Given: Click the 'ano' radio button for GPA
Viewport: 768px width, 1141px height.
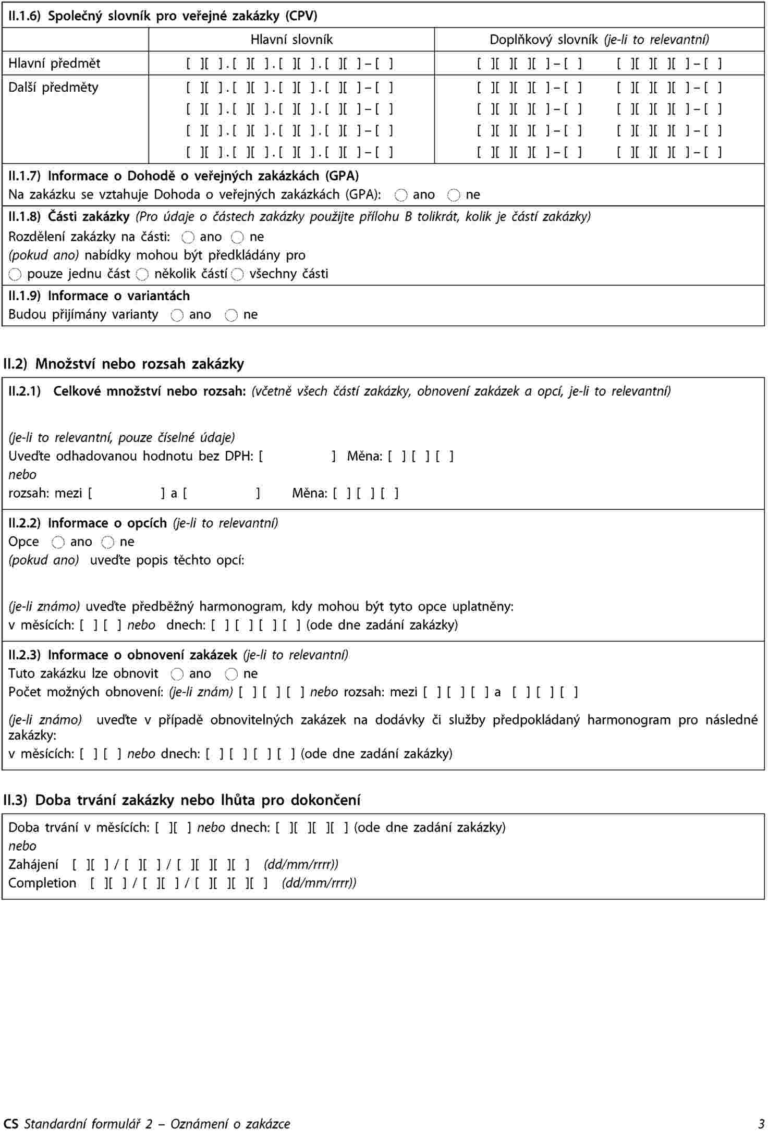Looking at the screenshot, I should tap(401, 195).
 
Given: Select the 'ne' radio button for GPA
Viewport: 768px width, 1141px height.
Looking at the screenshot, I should tap(454, 195).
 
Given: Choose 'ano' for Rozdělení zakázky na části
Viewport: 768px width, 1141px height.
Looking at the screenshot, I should tap(188, 237).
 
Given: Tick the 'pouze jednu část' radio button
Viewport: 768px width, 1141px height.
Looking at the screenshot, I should tap(15, 274).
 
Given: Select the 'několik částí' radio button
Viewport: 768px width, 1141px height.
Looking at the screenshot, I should tap(142, 274).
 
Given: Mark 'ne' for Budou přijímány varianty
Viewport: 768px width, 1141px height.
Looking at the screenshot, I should tap(231, 315).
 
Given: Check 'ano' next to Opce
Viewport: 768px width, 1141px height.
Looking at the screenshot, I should tap(58, 542).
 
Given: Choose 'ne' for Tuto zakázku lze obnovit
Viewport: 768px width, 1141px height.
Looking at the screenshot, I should tap(231, 674).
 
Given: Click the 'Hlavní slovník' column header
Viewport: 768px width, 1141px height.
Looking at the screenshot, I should tap(291, 40).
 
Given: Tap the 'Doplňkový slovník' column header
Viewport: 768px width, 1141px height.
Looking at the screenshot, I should tap(599, 40).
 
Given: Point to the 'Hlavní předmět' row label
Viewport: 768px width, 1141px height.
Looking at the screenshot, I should tap(54, 64).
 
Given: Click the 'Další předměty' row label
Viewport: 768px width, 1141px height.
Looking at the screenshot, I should tap(53, 87).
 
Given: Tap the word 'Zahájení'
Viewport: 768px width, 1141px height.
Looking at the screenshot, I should tap(33, 865).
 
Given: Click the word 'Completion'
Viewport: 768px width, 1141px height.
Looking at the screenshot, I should tap(42, 883).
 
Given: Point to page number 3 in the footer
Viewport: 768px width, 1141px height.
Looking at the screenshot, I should tap(761, 1124).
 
